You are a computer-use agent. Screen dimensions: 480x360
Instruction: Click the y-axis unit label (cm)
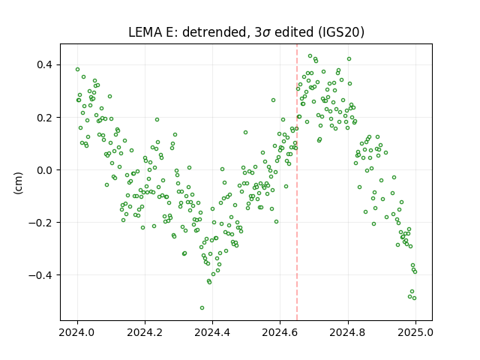pyautogui.click(x=18, y=183)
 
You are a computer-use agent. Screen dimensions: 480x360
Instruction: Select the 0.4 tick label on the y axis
pyautogui.click(x=45, y=65)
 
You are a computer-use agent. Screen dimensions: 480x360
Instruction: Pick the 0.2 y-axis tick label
pyautogui.click(x=45, y=118)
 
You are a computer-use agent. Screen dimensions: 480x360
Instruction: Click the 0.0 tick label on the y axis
pyautogui.click(x=45, y=170)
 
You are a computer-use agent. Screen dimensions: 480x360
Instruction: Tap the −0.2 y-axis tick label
pyautogui.click(x=41, y=223)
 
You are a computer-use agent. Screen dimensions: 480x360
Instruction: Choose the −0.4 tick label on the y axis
pyautogui.click(x=41, y=275)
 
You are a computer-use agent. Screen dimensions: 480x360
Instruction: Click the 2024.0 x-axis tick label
pyautogui.click(x=77, y=332)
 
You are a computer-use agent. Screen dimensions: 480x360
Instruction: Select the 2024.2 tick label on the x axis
pyautogui.click(x=145, y=332)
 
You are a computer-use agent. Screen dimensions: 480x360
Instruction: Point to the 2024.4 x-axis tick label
pyautogui.click(x=212, y=332)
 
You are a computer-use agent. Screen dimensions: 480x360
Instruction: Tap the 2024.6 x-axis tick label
pyautogui.click(x=280, y=332)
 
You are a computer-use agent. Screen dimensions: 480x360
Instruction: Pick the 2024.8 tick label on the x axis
pyautogui.click(x=348, y=332)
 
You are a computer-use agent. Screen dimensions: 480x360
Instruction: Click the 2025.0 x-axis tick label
pyautogui.click(x=415, y=332)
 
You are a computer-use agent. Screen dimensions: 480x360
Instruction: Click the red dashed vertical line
pyautogui.click(x=297, y=182)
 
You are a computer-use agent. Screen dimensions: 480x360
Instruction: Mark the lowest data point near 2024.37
pyautogui.click(x=202, y=308)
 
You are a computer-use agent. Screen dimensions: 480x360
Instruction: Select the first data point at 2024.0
pyautogui.click(x=77, y=70)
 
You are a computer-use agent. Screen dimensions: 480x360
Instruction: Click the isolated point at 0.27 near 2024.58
pyautogui.click(x=273, y=100)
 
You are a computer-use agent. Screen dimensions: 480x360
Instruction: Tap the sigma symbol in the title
pyautogui.click(x=266, y=33)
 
